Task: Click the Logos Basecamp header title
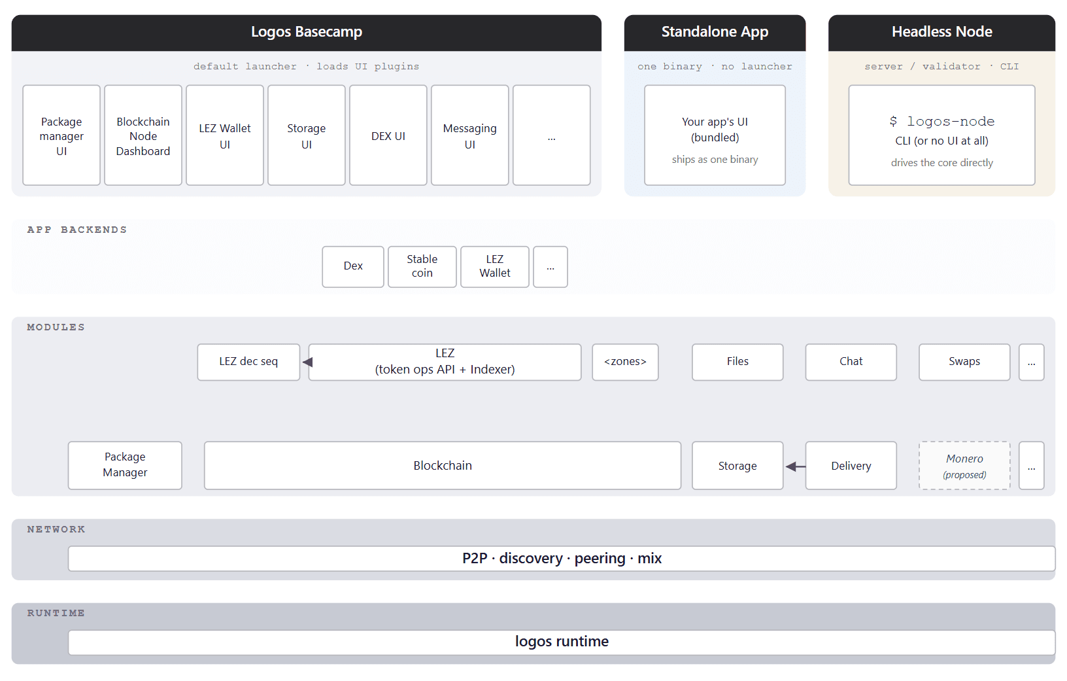coord(306,31)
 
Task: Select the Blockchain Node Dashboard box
coord(143,135)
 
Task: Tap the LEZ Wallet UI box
coord(225,135)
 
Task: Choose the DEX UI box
coord(388,135)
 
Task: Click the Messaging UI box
coord(469,135)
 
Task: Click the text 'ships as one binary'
coord(715,160)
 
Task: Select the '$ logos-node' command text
coord(941,122)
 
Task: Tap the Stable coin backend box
coord(422,266)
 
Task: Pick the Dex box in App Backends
coord(353,266)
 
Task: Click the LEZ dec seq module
coord(248,362)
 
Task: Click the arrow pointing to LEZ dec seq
coord(307,362)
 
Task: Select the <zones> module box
coord(625,362)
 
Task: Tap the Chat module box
coord(851,362)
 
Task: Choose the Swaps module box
coord(964,362)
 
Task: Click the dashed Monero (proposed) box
coord(964,466)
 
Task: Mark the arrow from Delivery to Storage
coord(795,466)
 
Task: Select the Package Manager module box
coord(125,466)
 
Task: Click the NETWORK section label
coord(56,529)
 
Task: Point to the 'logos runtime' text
coord(562,642)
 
